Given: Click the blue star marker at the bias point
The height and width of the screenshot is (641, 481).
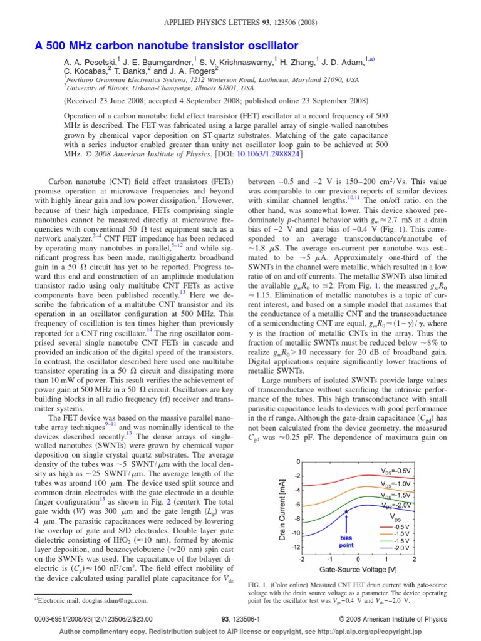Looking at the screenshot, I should pos(345,511).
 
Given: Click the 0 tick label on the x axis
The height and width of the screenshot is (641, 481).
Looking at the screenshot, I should pos(358,559).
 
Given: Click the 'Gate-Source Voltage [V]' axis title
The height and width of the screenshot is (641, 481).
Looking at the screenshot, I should pos(358,569).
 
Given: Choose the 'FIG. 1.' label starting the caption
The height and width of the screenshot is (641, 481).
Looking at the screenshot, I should pos(259,582).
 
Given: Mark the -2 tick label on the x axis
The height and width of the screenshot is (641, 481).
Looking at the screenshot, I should pos(302,559).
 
